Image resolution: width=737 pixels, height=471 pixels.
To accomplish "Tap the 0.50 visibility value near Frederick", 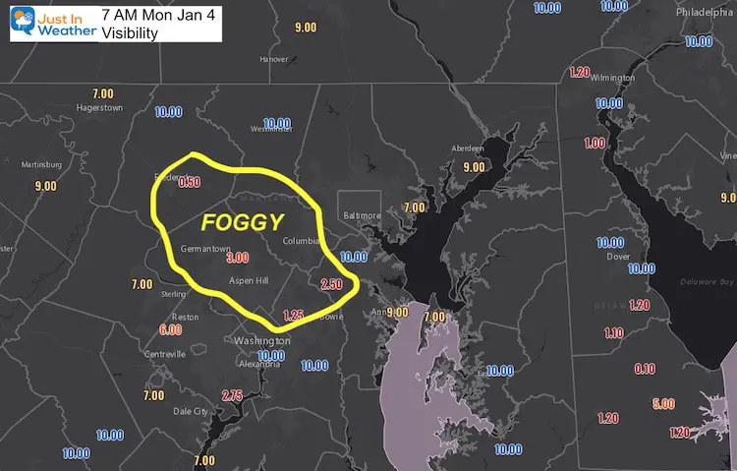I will pyautogui.click(x=189, y=182).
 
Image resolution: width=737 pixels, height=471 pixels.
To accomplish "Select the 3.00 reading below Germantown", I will pyautogui.click(x=237, y=258).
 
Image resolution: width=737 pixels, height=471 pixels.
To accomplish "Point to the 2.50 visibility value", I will pyautogui.click(x=331, y=284).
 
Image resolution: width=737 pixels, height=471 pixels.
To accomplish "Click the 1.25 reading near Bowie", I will pyautogui.click(x=293, y=315).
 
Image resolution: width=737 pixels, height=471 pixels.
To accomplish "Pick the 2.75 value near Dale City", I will pyautogui.click(x=232, y=395).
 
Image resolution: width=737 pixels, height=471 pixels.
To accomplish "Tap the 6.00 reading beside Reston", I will pyautogui.click(x=170, y=329).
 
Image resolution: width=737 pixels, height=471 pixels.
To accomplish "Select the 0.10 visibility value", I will pyautogui.click(x=646, y=369).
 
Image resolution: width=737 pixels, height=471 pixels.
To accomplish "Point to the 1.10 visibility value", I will pyautogui.click(x=614, y=333).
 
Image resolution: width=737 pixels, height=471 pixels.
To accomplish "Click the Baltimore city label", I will pyautogui.click(x=362, y=215).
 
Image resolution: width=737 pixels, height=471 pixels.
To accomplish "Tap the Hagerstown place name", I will pyautogui.click(x=100, y=108).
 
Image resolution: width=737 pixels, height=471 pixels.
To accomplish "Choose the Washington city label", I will pyautogui.click(x=261, y=340).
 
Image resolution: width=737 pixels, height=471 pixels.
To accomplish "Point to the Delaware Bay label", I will pyautogui.click(x=700, y=283).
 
